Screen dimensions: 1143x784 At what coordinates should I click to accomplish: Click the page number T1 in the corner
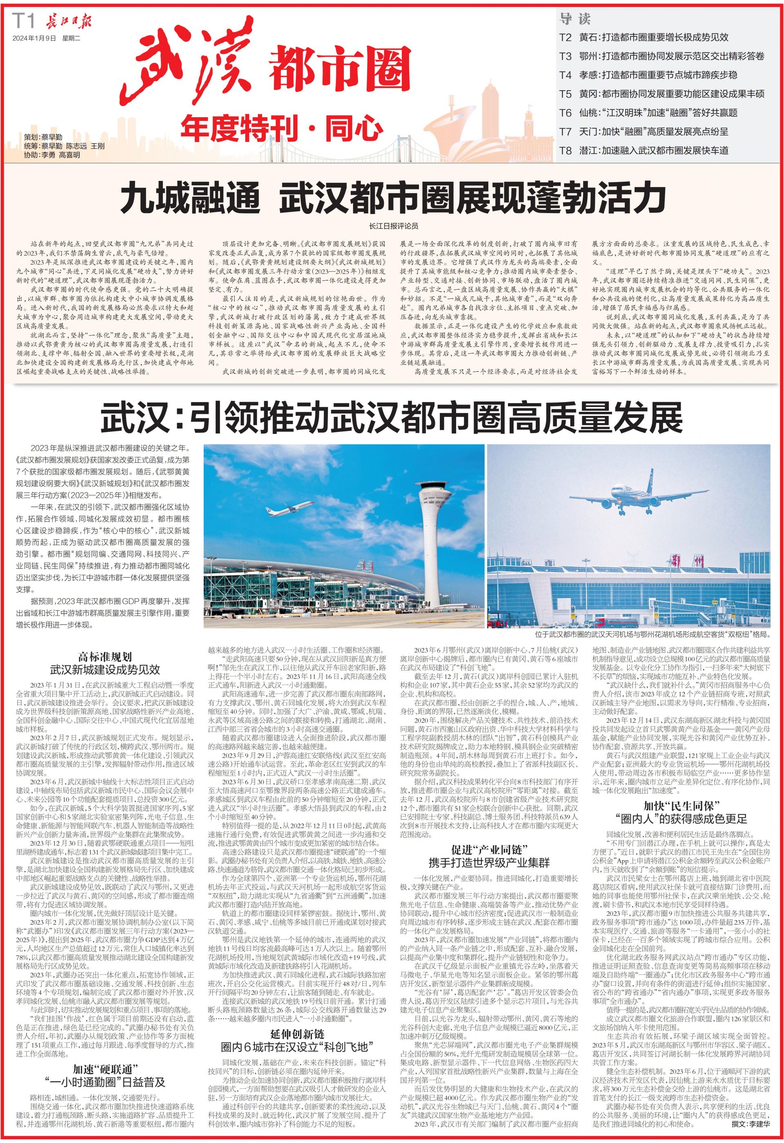(x=24, y=22)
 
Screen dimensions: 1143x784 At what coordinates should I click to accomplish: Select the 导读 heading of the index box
(x=575, y=19)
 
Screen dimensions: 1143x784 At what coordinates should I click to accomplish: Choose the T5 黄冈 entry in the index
(x=661, y=94)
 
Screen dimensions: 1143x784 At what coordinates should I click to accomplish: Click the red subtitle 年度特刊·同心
(x=281, y=127)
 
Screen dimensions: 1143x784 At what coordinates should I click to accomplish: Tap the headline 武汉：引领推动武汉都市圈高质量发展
(x=392, y=418)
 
